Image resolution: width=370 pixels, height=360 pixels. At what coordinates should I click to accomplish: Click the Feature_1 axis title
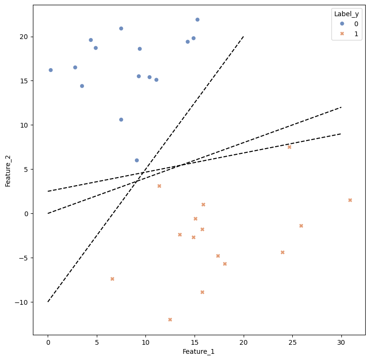(198, 351)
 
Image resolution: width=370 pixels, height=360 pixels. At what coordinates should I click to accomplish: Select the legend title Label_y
(346, 14)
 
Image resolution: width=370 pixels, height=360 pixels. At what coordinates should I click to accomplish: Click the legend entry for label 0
(349, 24)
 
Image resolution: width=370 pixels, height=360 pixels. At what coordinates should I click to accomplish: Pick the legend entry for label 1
(349, 34)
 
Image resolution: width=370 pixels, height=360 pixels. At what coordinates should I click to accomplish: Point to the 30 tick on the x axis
(341, 342)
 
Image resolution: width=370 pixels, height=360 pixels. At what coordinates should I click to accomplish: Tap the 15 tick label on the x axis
(195, 342)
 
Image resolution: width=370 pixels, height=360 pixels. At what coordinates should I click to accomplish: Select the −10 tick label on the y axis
(22, 302)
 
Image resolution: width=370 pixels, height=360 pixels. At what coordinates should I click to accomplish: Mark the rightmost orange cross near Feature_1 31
(350, 200)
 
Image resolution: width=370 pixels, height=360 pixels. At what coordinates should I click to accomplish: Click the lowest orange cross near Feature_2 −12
(170, 320)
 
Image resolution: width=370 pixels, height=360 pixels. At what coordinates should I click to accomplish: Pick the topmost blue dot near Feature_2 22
(197, 20)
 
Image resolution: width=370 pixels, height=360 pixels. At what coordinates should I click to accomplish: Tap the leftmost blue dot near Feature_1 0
(51, 70)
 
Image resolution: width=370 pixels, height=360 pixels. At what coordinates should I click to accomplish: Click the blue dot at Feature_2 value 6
(137, 160)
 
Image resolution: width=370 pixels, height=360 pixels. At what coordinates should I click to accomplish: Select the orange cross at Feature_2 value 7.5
(289, 147)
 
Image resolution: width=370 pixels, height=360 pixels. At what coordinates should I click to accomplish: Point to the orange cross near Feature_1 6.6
(113, 279)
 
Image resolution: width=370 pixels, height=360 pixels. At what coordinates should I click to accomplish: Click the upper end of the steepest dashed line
(243, 37)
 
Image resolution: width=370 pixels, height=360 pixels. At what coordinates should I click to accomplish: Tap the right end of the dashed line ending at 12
(341, 107)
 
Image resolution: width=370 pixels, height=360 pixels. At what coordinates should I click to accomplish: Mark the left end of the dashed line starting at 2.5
(48, 191)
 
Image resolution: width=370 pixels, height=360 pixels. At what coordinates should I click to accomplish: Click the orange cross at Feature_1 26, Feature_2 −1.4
(301, 226)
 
